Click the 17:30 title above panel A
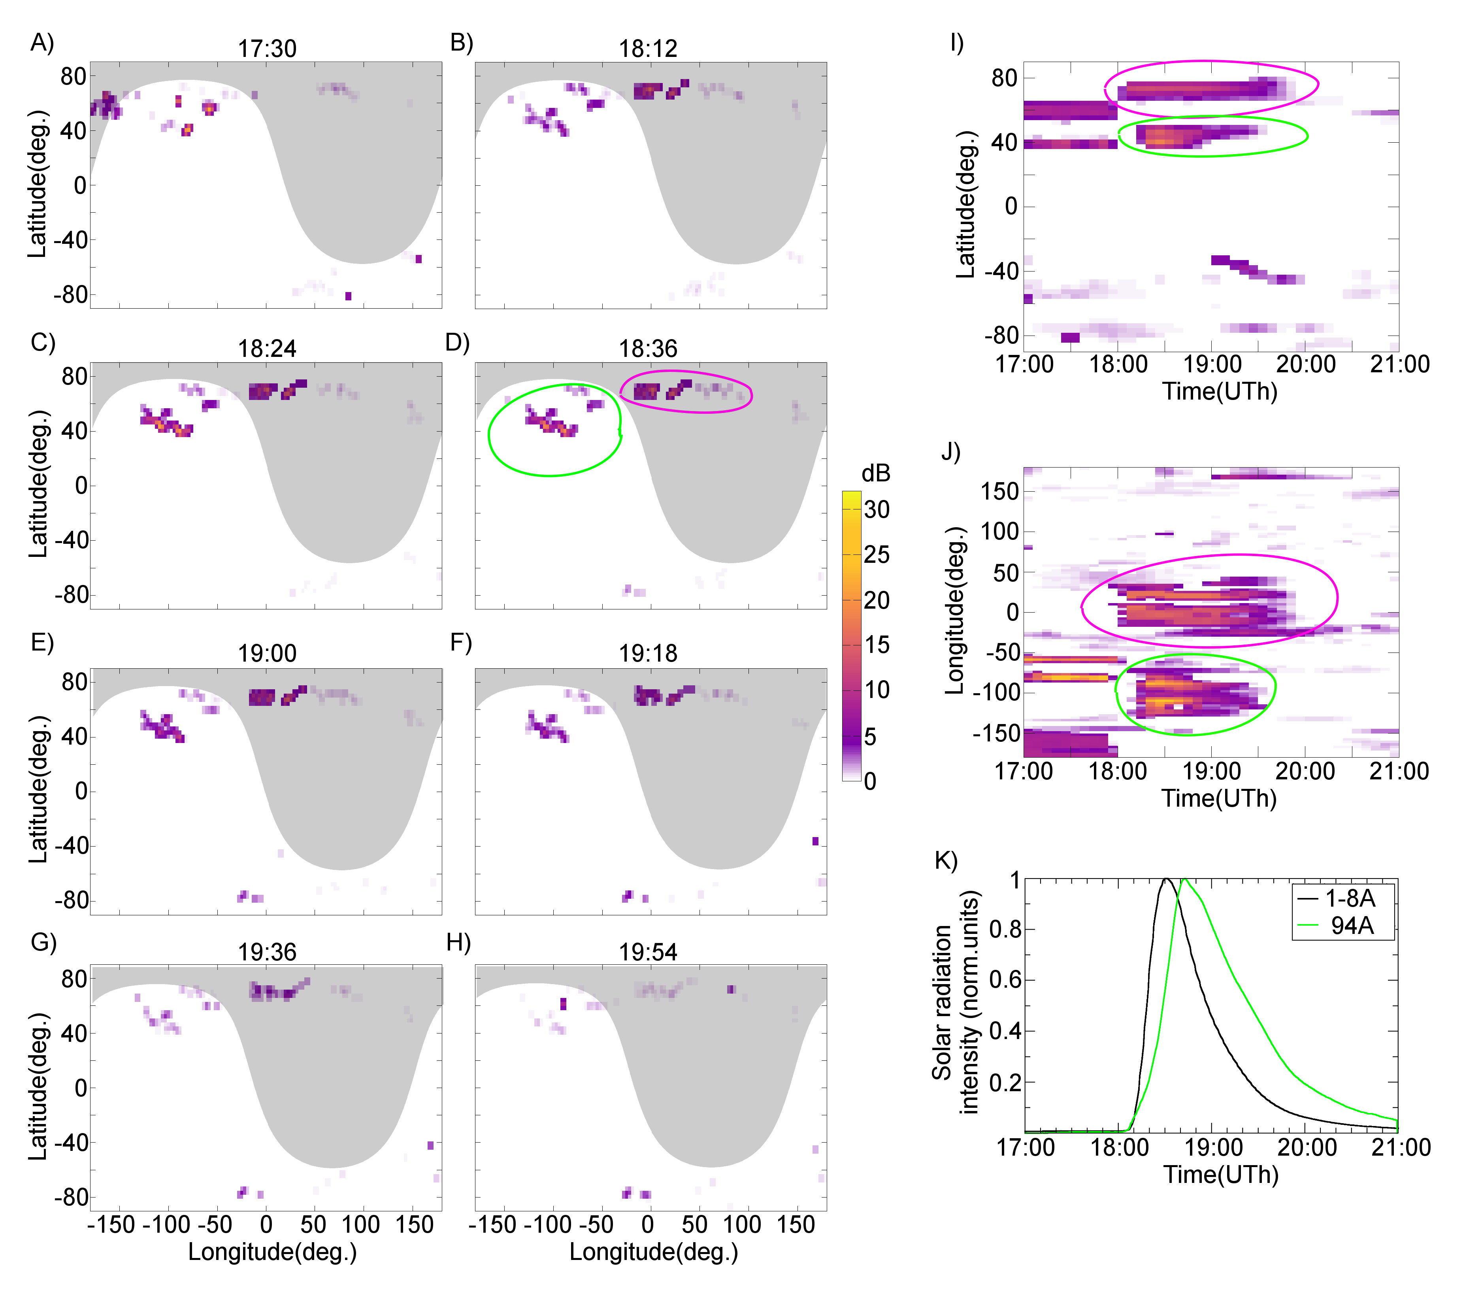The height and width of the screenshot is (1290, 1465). coord(267,49)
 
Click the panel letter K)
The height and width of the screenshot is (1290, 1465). coord(946,860)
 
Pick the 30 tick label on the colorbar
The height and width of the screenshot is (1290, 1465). coord(877,509)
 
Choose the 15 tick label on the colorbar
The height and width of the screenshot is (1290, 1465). coord(877,645)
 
